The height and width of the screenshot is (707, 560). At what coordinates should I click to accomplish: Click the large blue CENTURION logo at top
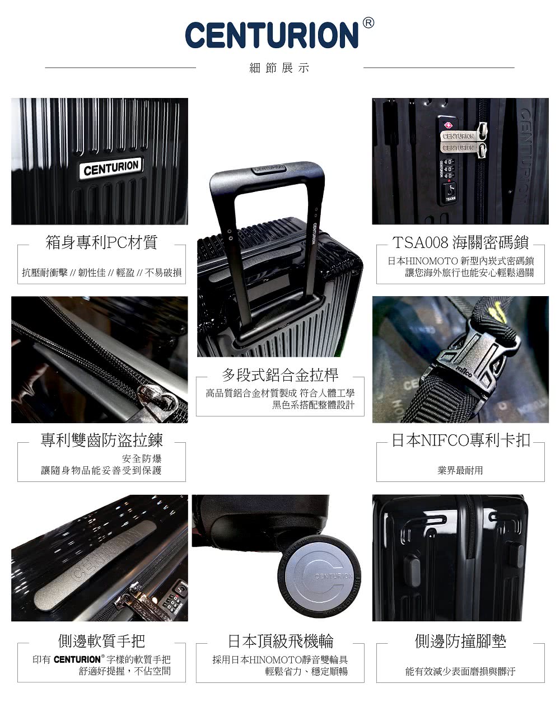tap(272, 35)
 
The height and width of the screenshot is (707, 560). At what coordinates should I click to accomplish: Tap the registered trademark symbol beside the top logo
tap(368, 23)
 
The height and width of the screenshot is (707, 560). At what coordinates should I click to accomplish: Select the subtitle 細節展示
tap(279, 68)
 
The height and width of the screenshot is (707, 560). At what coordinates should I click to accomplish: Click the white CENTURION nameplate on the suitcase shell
tap(111, 168)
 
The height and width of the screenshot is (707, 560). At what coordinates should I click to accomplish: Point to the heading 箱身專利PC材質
tap(101, 242)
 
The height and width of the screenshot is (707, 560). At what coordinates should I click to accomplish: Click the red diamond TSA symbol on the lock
tap(447, 125)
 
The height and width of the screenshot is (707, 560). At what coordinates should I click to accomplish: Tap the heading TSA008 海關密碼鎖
tap(460, 242)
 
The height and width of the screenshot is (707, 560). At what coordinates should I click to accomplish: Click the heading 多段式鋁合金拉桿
tap(280, 375)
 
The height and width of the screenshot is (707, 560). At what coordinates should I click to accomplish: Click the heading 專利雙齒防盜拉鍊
tap(101, 440)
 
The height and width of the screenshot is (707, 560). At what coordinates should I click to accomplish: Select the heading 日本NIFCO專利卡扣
tap(461, 440)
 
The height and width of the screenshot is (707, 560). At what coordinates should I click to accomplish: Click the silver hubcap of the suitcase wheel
tap(318, 577)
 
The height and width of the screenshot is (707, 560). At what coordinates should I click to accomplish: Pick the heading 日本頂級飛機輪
tap(281, 641)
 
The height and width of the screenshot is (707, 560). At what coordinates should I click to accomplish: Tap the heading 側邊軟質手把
tap(101, 641)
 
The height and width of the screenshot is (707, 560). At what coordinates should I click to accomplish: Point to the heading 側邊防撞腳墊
tap(460, 641)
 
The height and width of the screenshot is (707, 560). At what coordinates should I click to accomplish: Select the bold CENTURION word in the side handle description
tap(77, 659)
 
